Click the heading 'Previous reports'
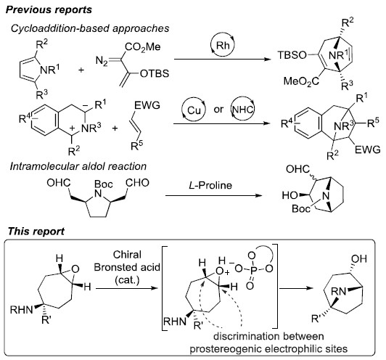point(49,10)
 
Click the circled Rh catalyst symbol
point(223,45)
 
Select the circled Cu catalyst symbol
point(194,110)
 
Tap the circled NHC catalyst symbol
point(243,110)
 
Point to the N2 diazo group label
point(102,60)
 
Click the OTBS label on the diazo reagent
point(155,73)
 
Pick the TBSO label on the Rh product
point(292,55)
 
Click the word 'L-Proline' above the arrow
point(210,185)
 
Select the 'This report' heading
point(36,232)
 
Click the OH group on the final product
point(359,259)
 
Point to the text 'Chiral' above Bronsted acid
point(127,255)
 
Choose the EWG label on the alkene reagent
point(147,105)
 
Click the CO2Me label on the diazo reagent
point(143,46)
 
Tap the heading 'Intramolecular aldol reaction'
point(78,166)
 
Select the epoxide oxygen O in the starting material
point(75,269)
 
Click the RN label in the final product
point(339,292)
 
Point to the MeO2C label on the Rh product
point(301,81)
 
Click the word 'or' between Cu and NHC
point(218,110)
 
